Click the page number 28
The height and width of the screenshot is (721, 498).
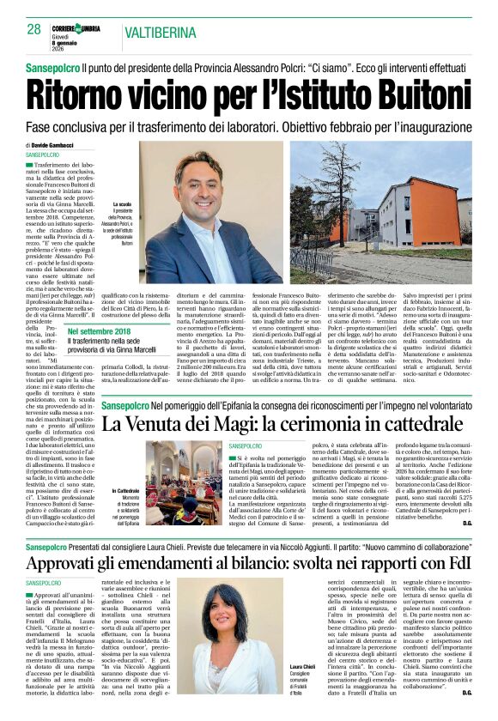pyautogui.click(x=34, y=28)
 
